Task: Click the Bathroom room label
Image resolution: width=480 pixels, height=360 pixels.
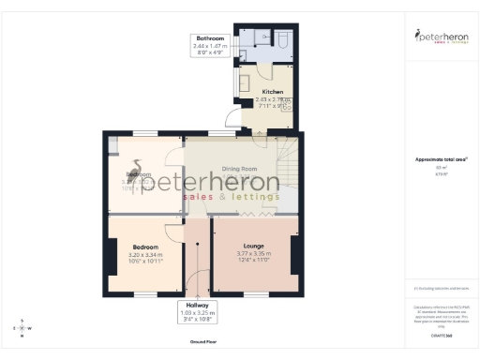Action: click(x=210, y=38)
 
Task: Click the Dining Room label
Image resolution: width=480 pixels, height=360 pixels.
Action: click(x=238, y=169)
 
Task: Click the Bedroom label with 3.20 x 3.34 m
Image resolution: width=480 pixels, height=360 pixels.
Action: click(x=145, y=247)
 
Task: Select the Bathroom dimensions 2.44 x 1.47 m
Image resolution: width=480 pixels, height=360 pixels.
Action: click(x=210, y=46)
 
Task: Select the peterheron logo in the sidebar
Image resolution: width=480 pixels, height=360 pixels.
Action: click(x=441, y=37)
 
